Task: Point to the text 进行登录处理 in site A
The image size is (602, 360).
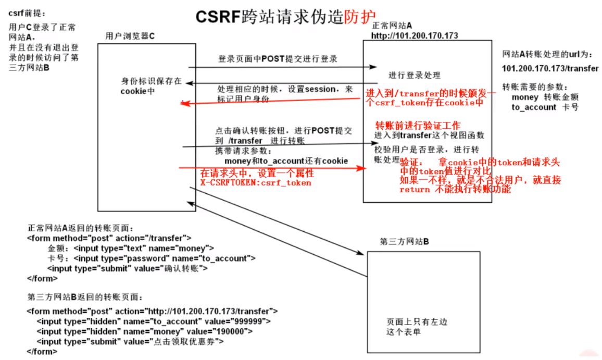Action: click(415, 75)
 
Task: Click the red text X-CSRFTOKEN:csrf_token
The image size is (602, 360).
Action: click(256, 183)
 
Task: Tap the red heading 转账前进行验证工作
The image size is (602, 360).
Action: click(418, 126)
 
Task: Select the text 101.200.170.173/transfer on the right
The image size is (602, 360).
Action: click(550, 68)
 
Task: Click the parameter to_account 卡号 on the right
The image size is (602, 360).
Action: click(545, 107)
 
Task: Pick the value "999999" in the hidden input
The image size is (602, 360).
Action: click(252, 321)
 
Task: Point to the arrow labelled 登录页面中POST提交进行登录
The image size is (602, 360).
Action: click(281, 67)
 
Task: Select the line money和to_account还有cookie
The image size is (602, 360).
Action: click(286, 161)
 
